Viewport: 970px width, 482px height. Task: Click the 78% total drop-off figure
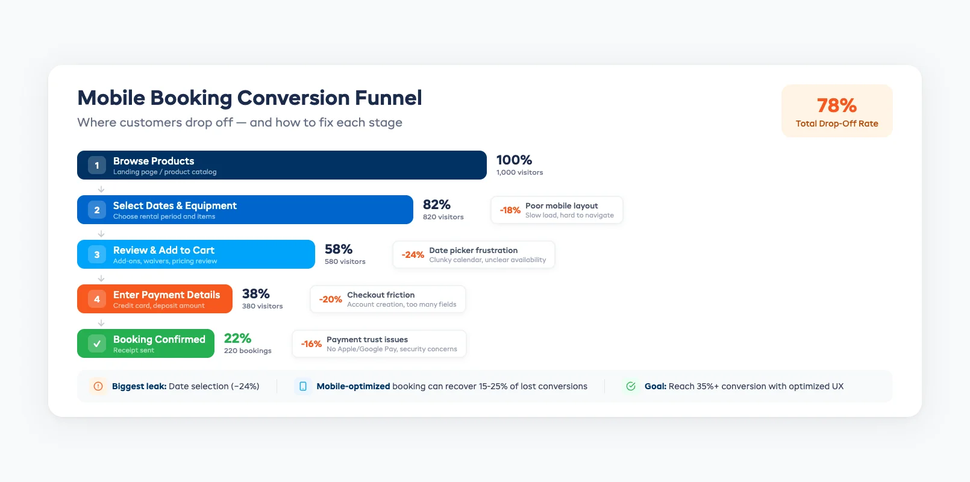(x=837, y=105)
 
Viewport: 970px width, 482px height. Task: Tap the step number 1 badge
(x=97, y=165)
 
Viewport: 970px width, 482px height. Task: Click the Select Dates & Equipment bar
(x=271, y=210)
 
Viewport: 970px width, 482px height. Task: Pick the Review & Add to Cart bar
(x=241, y=254)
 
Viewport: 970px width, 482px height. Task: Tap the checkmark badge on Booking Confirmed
(x=97, y=343)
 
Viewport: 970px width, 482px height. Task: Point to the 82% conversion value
(x=437, y=205)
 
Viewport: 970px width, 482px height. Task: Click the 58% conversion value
(x=339, y=249)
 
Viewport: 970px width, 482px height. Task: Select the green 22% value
(x=237, y=339)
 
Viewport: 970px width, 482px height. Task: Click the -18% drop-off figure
(x=510, y=210)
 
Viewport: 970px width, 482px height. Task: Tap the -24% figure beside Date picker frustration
(x=413, y=255)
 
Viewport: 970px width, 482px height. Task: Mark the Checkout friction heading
(x=381, y=295)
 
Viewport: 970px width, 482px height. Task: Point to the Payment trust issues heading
(x=367, y=339)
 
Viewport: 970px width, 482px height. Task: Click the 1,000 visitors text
(x=519, y=172)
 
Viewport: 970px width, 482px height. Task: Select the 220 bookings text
(x=248, y=351)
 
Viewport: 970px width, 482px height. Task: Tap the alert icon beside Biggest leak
(x=98, y=386)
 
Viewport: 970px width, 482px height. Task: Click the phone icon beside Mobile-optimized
(x=303, y=386)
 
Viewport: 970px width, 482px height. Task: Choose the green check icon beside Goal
(x=631, y=386)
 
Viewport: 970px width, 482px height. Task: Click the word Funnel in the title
(x=388, y=98)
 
